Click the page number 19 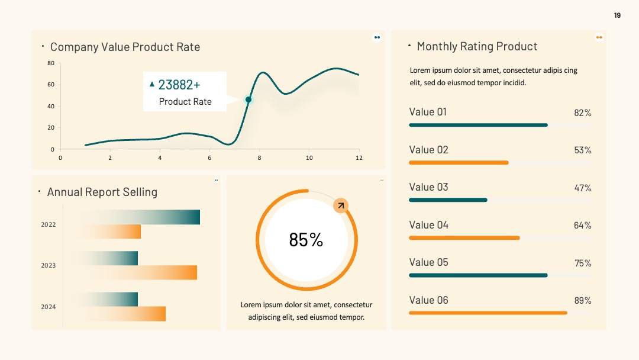[x=617, y=15]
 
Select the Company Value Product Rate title [x=125, y=47]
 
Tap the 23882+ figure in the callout [x=179, y=85]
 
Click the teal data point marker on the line [x=248, y=99]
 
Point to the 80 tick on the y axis [x=50, y=63]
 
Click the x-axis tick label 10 [x=309, y=157]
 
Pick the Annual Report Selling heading [x=102, y=192]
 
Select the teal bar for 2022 [x=137, y=217]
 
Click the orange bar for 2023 [x=137, y=272]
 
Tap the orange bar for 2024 [x=122, y=314]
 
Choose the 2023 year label [x=48, y=265]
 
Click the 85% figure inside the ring [x=306, y=240]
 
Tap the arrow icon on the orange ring [x=341, y=205]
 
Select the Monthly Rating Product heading [x=477, y=46]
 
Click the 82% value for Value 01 [x=583, y=113]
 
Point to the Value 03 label [x=429, y=187]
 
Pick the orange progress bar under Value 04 [x=464, y=237]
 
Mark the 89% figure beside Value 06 [x=583, y=300]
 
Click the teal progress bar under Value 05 [x=478, y=275]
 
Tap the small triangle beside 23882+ [x=152, y=84]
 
